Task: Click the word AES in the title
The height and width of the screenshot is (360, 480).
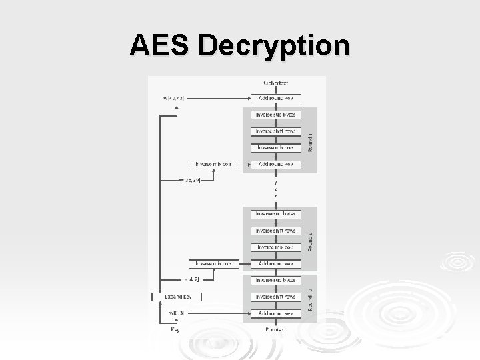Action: click(x=159, y=46)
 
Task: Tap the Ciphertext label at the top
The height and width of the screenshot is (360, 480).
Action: click(x=275, y=83)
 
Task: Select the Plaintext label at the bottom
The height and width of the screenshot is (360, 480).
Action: click(x=275, y=329)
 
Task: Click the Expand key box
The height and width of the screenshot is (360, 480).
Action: click(x=177, y=297)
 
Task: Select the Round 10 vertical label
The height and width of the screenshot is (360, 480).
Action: click(x=310, y=297)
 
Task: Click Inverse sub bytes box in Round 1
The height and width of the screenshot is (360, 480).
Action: click(x=275, y=115)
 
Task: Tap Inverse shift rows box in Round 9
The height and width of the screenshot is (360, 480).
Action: click(x=275, y=231)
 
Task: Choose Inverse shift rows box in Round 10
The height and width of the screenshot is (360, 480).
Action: click(x=275, y=297)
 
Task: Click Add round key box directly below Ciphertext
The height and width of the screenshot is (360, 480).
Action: click(x=275, y=99)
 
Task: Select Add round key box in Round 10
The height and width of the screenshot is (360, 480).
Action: click(x=275, y=313)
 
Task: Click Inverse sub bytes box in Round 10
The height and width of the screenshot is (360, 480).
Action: click(x=275, y=281)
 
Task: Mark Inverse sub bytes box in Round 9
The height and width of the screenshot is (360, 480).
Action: click(x=275, y=214)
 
